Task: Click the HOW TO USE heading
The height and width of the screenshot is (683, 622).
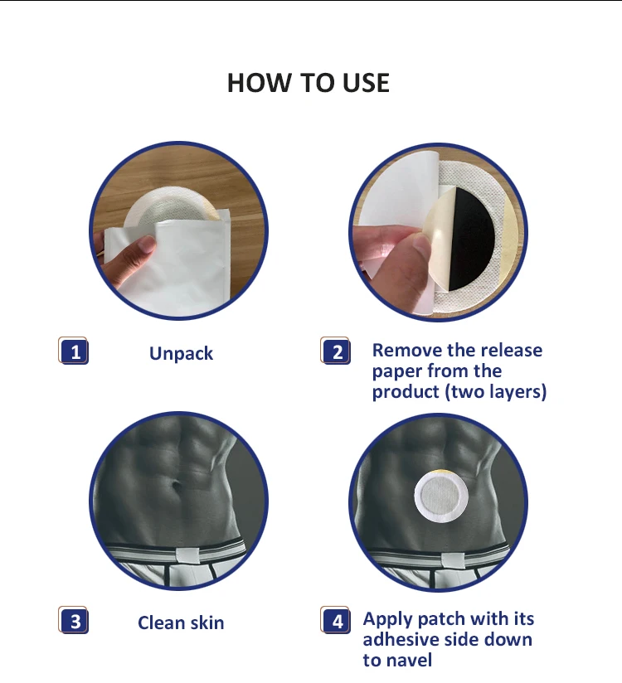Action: [x=309, y=83]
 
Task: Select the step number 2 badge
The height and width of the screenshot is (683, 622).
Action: [x=336, y=351]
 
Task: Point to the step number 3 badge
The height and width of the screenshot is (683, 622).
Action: [x=74, y=622]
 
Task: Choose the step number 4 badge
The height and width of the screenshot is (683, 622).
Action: [x=336, y=621]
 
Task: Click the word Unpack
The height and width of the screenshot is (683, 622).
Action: [x=181, y=354]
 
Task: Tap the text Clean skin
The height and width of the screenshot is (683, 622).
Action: [x=181, y=622]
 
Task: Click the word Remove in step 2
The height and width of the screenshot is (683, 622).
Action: [x=406, y=351]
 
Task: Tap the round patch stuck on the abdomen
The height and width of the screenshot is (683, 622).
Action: [x=441, y=497]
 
